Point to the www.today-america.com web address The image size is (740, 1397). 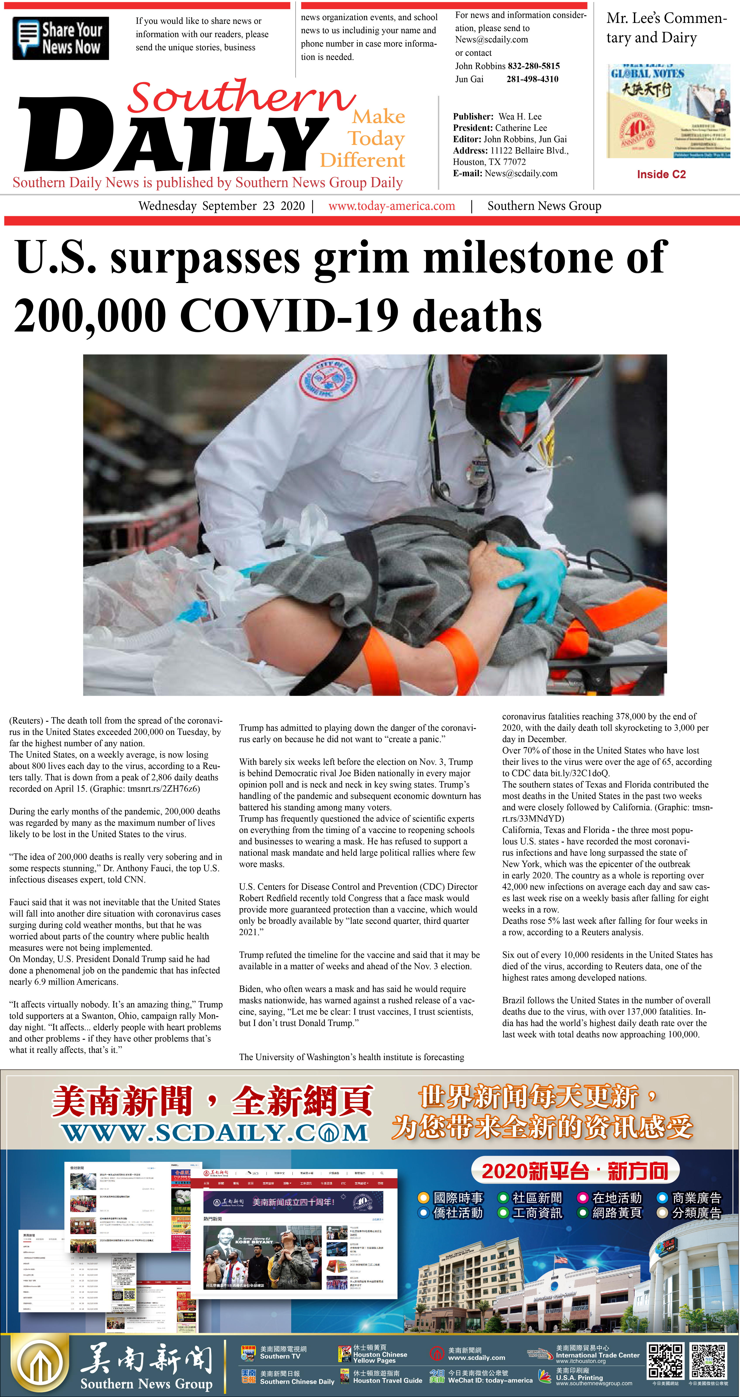point(391,206)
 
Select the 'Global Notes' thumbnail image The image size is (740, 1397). point(668,111)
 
